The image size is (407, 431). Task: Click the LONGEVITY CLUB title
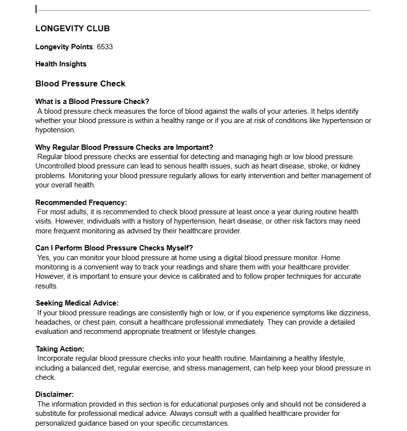coord(73,28)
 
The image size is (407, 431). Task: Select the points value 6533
coord(105,47)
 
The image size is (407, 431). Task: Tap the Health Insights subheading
coord(61,64)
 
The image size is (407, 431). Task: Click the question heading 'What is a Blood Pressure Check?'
coord(92,102)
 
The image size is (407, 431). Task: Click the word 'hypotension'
coord(55,130)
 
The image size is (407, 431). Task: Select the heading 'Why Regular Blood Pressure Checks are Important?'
coord(124,147)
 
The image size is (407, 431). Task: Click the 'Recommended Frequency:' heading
coord(81,203)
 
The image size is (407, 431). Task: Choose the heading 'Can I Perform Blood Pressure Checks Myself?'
coord(114,248)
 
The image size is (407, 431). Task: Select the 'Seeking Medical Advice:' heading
coord(77,303)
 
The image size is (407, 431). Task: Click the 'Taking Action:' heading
coord(60,349)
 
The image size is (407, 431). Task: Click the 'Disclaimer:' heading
coord(55,394)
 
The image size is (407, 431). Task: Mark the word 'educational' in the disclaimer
coord(228,404)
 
